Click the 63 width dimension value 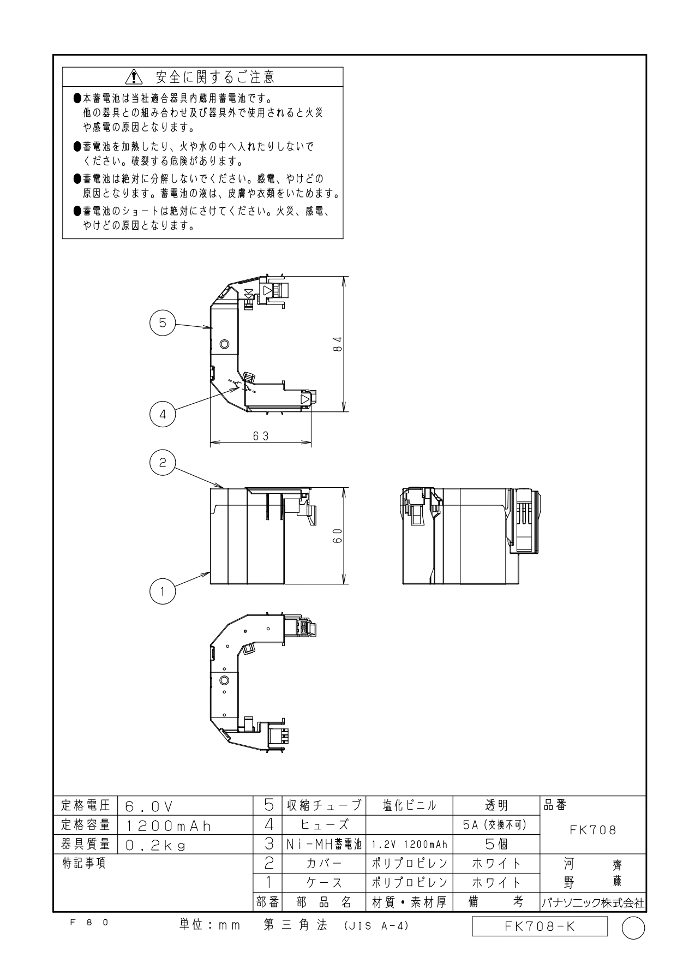click(x=261, y=436)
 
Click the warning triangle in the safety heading click(x=133, y=77)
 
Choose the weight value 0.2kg click(x=155, y=846)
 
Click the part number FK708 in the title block click(x=593, y=830)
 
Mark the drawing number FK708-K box click(x=540, y=926)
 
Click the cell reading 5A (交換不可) click(x=495, y=825)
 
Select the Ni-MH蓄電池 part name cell click(x=324, y=845)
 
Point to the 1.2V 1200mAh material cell click(x=409, y=845)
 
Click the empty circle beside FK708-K click(x=633, y=927)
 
